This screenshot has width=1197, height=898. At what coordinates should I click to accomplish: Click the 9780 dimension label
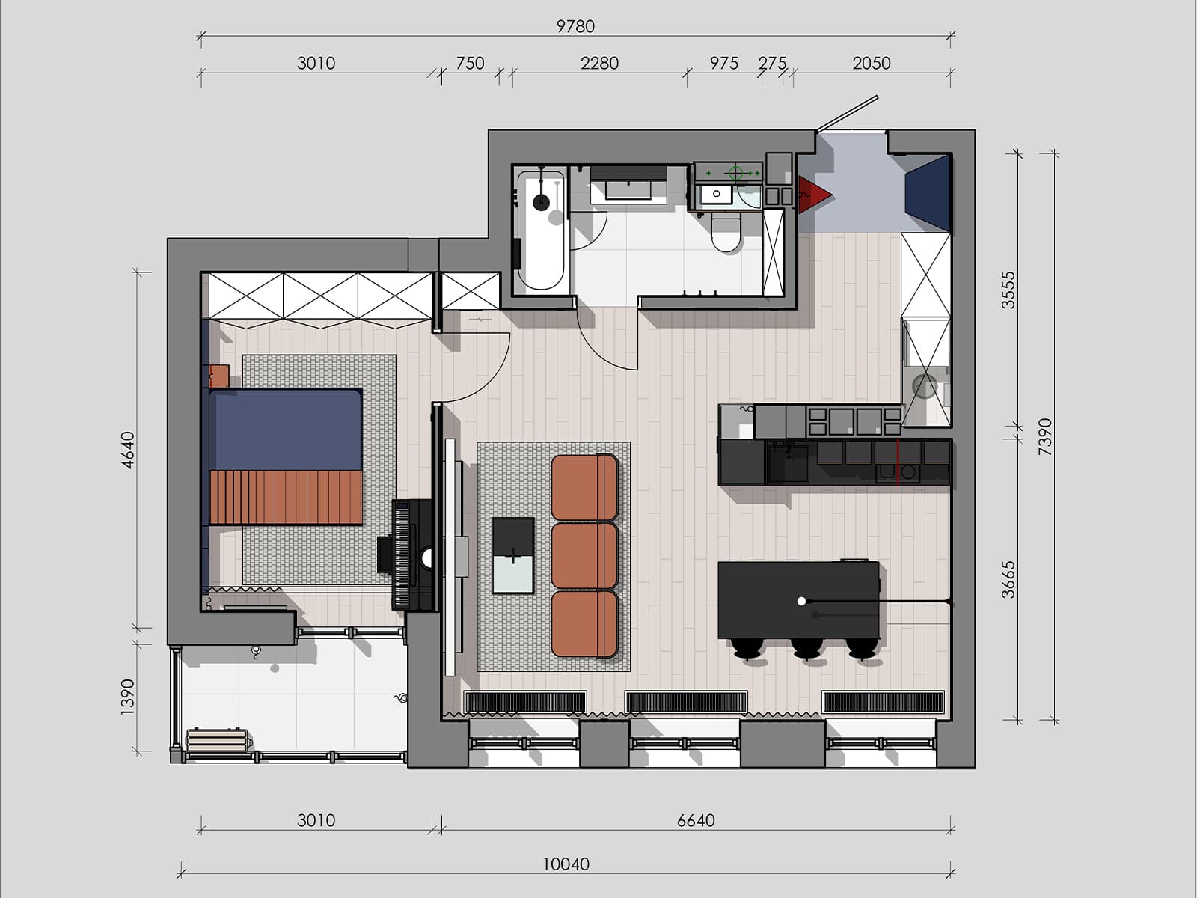(575, 26)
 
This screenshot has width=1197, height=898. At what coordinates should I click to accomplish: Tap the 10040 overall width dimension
(566, 864)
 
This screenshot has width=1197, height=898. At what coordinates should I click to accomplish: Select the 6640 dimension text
(696, 820)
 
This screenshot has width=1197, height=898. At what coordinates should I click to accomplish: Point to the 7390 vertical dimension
(1045, 437)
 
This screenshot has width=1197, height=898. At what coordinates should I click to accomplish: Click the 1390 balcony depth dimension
(127, 697)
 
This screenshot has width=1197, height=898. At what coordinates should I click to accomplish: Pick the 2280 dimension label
(599, 64)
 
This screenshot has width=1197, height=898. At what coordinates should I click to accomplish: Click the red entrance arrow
(815, 194)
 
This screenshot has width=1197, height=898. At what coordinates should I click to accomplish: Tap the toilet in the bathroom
(726, 232)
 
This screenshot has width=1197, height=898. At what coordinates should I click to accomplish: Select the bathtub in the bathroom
(540, 230)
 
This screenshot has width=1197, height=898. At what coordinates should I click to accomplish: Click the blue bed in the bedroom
(285, 456)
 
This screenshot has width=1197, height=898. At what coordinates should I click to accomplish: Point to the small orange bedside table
(218, 376)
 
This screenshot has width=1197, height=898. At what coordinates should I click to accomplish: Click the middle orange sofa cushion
(584, 556)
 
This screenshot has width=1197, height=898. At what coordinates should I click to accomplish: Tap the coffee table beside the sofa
(512, 555)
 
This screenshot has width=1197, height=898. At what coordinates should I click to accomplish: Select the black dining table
(798, 599)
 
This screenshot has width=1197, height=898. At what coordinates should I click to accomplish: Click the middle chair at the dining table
(806, 649)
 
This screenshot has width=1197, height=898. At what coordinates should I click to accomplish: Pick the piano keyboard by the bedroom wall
(401, 555)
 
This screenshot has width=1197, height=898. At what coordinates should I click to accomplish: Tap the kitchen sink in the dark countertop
(788, 463)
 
